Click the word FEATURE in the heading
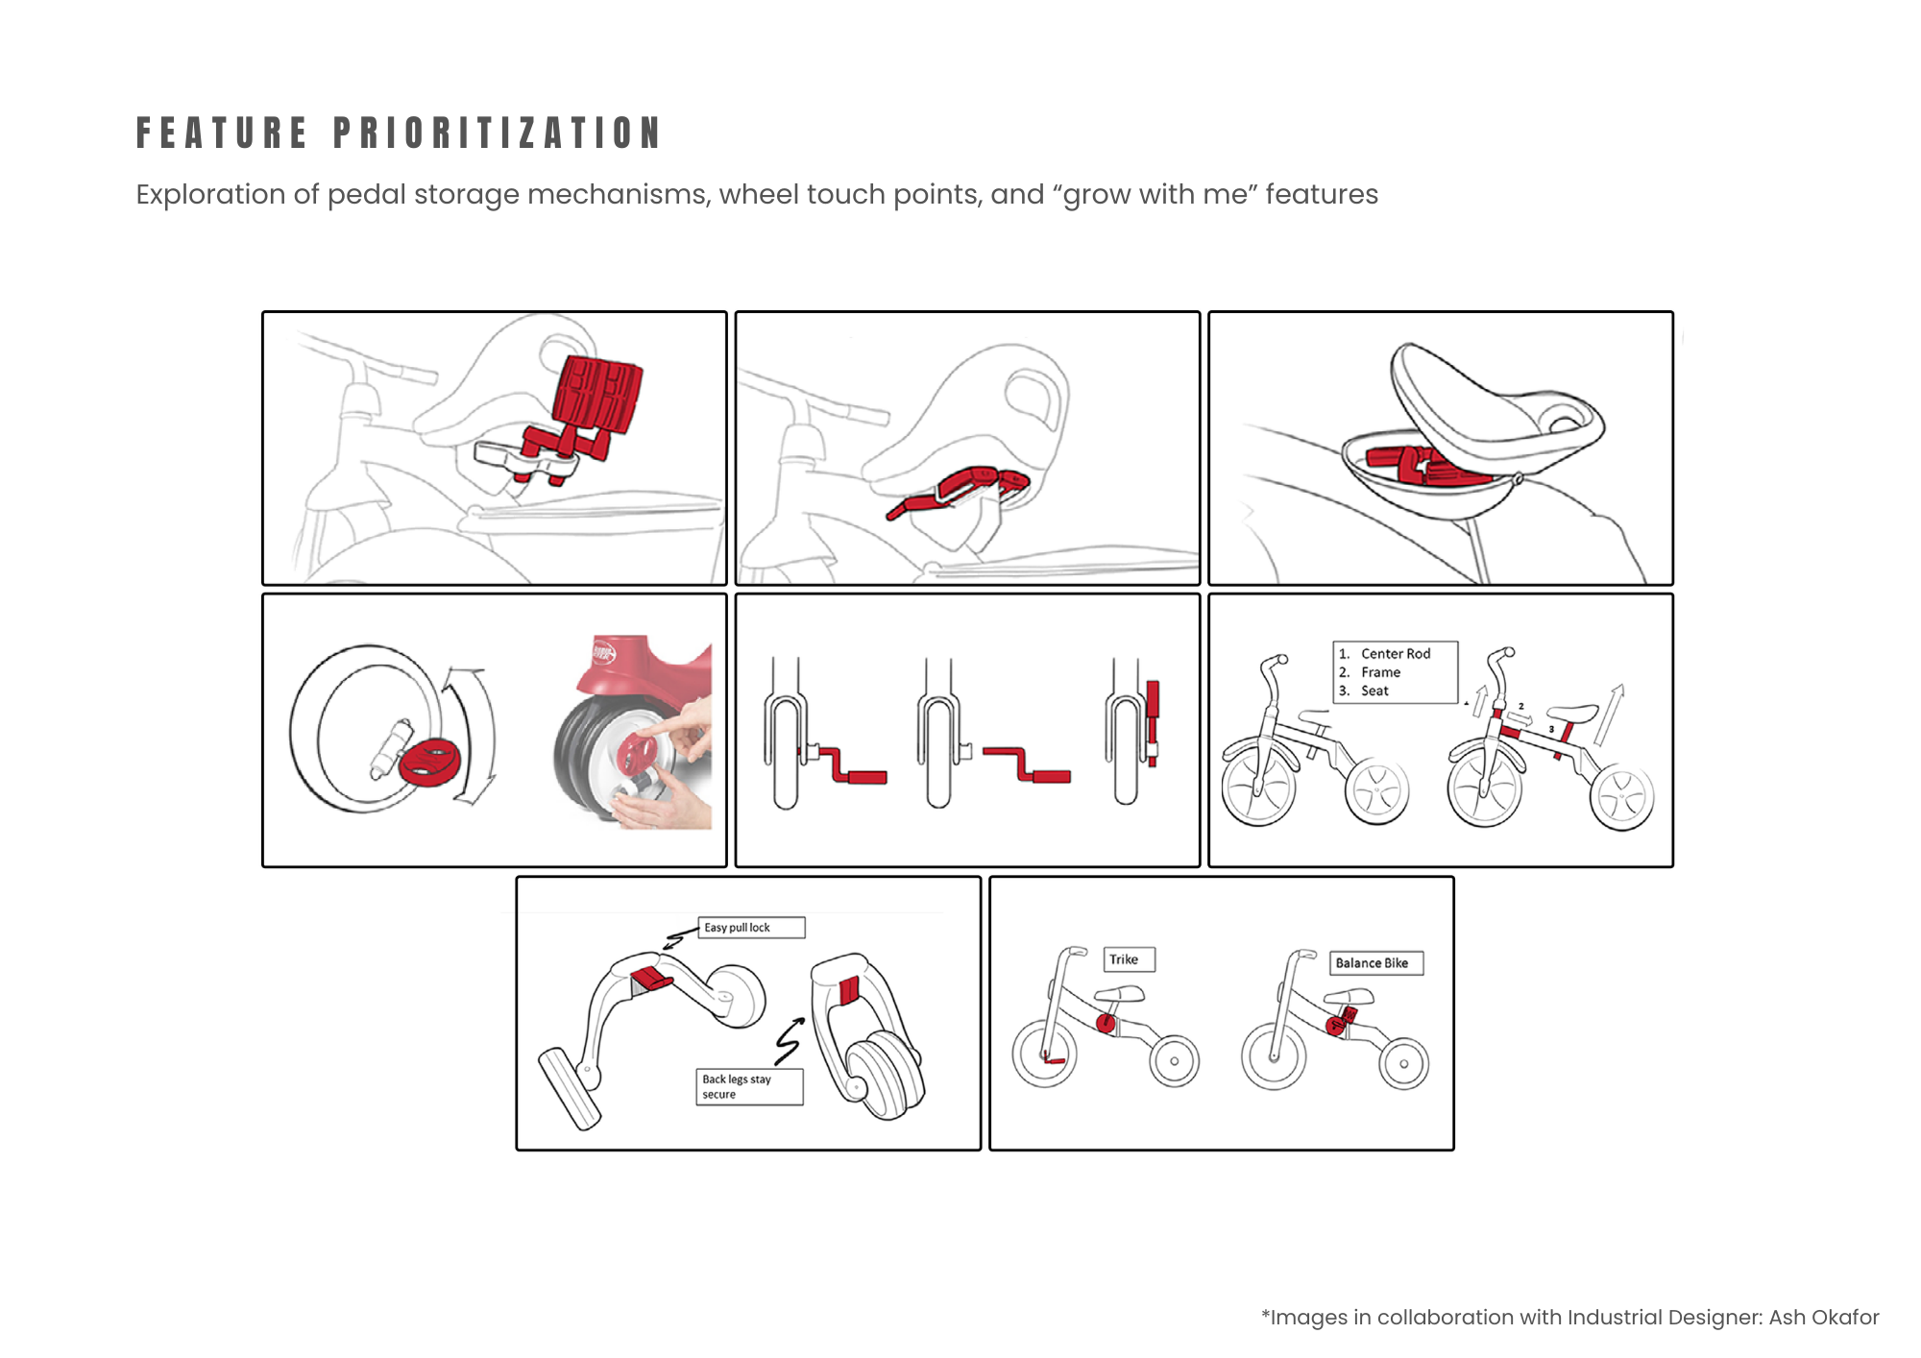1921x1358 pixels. [x=222, y=133]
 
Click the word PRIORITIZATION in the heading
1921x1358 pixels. [x=498, y=133]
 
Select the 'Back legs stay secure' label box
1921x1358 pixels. [x=749, y=1087]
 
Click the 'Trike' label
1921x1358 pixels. [x=1128, y=959]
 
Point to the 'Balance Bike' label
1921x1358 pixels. [x=1374, y=963]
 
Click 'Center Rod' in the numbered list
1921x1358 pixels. [x=1395, y=653]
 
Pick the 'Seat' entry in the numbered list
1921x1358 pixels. [x=1374, y=691]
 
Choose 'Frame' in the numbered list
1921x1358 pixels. [x=1380, y=672]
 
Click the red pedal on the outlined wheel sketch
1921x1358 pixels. [x=429, y=762]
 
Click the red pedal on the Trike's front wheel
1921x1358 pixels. [x=1054, y=1060]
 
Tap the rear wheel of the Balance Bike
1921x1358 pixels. [x=1403, y=1064]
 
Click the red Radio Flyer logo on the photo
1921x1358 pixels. [x=603, y=652]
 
